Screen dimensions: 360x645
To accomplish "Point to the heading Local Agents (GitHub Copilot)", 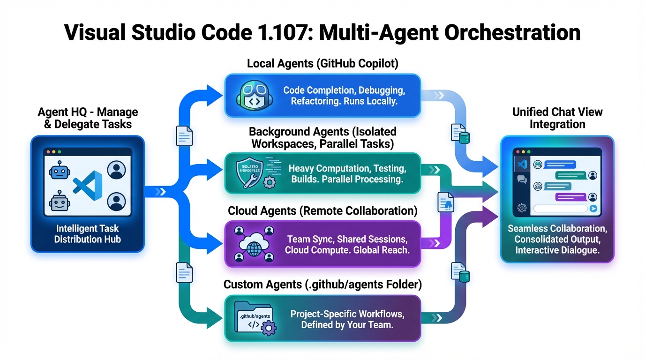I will [322, 64].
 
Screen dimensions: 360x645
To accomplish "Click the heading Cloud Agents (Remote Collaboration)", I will [322, 210].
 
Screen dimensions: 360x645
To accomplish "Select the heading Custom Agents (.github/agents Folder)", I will [322, 285].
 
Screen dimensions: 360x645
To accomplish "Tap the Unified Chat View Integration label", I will [557, 118].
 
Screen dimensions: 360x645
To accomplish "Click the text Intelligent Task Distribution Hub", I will [88, 233].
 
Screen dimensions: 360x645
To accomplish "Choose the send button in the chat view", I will [593, 209].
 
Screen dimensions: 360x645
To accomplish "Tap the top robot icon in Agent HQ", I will [58, 171].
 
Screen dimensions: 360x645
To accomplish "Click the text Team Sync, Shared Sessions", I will [347, 239].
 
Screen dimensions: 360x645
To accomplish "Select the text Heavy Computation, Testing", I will [347, 168].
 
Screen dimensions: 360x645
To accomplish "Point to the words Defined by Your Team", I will [347, 325].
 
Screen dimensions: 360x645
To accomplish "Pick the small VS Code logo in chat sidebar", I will [522, 164].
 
